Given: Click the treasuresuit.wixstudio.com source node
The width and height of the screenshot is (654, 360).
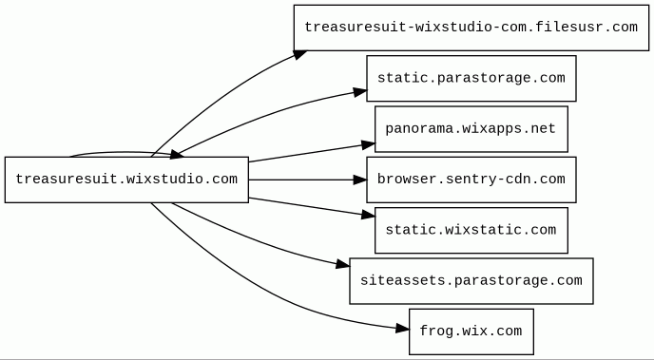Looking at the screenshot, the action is point(126,180).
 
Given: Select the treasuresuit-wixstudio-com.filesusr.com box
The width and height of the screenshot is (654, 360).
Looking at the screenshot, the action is point(471,28).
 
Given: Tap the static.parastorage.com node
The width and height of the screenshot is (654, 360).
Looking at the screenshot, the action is point(471,78).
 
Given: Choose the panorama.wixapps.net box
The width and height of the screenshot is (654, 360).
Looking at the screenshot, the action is point(471,129).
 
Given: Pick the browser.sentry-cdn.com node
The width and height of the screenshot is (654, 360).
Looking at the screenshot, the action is point(471,180).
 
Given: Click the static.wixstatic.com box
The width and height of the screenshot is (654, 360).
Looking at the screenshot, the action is point(471,230).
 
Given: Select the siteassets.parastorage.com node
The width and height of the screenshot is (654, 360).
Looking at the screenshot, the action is point(471,281).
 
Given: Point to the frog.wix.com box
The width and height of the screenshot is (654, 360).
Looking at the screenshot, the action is point(471,332).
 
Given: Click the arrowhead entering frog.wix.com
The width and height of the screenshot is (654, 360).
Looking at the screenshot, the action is point(402,329).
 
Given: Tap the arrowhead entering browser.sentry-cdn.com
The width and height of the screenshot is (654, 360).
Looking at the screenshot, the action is point(359,180).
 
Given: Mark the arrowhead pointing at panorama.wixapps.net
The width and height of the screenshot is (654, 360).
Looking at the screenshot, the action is point(368,145).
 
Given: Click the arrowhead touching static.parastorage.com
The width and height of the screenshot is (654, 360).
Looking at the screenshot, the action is point(360,92).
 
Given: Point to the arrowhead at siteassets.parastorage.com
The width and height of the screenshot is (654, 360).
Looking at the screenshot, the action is point(343,264).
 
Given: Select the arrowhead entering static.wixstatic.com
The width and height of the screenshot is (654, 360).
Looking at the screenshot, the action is point(368,215).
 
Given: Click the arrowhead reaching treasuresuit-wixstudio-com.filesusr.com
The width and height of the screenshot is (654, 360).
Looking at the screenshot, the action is point(300,54).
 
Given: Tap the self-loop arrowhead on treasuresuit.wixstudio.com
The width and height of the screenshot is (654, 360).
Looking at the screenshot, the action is point(177,155).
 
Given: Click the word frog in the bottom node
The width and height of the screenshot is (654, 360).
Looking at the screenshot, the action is point(436,332).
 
